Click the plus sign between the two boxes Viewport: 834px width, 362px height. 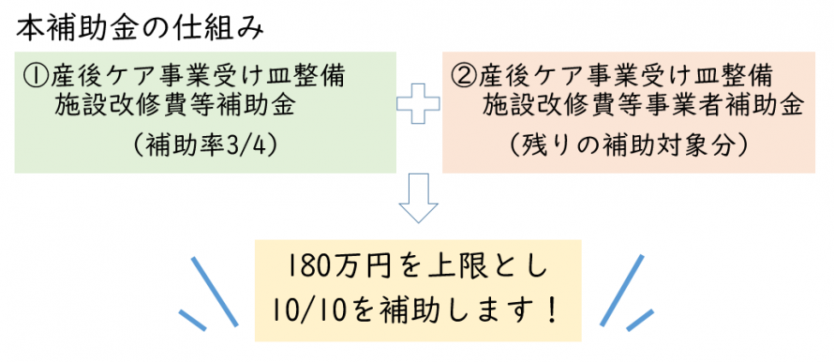(418, 111)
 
